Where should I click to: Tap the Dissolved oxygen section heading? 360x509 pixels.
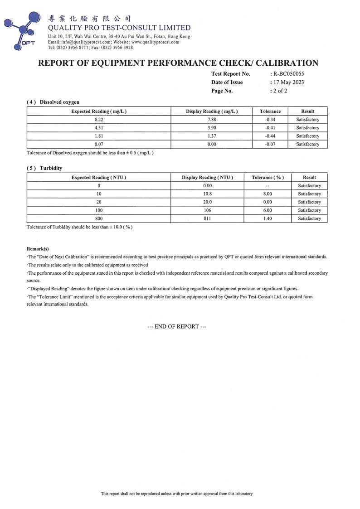coord(53,102)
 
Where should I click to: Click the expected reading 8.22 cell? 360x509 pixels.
coord(99,120)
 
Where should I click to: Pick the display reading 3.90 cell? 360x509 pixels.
coord(212,128)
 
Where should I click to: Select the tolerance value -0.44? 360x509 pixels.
coord(270,136)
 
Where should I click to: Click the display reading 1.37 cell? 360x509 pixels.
coord(212,136)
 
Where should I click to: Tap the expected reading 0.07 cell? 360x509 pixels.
coord(99,144)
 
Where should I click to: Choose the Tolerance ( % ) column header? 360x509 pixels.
coord(268,177)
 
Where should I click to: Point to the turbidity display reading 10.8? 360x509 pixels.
coord(207,194)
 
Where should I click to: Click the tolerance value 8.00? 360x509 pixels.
coord(268,194)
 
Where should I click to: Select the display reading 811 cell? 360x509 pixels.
coord(207,218)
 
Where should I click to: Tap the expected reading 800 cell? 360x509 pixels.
coord(99,218)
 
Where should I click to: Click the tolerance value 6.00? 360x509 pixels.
coord(268,210)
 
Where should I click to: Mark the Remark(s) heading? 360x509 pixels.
coord(38,249)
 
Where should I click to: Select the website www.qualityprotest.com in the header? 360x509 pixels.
coord(155,42)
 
